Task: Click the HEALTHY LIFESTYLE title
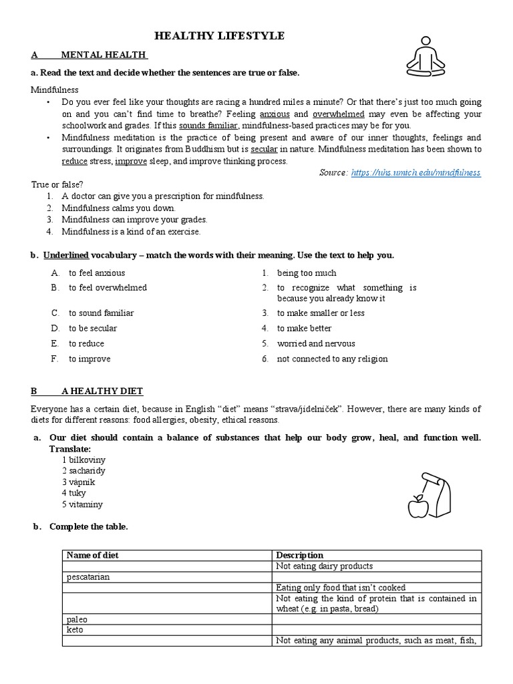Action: (x=220, y=36)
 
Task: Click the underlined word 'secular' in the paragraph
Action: (x=264, y=149)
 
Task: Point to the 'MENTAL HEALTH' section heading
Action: (x=104, y=55)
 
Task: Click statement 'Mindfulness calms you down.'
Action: (x=119, y=208)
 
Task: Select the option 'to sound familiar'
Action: (x=101, y=313)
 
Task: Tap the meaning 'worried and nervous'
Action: (x=316, y=343)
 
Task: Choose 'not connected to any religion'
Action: (x=332, y=359)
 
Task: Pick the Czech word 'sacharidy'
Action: (x=83, y=471)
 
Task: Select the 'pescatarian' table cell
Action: (x=88, y=576)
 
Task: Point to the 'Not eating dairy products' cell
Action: (x=324, y=566)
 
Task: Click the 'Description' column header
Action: (x=299, y=555)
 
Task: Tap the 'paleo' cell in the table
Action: (x=77, y=619)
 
